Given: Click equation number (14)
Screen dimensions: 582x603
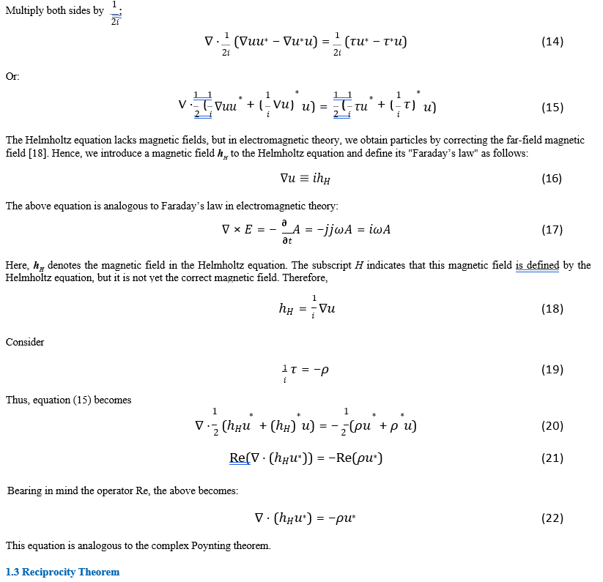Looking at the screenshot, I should click(x=552, y=42).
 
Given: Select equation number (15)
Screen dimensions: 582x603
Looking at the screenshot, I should click(x=552, y=108).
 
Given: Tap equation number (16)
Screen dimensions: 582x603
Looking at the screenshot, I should click(x=552, y=179).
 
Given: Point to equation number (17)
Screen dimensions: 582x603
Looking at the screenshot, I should click(x=552, y=230).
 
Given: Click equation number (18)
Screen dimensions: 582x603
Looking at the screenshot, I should click(x=552, y=309).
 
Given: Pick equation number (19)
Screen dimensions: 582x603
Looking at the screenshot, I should click(x=552, y=370).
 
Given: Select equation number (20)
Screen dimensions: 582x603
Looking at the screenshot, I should click(x=552, y=426).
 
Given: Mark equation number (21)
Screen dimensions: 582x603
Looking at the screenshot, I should click(x=552, y=458).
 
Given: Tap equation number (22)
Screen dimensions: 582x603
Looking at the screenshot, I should click(x=552, y=518).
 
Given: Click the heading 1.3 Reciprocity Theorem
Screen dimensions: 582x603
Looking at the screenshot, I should click(x=62, y=572).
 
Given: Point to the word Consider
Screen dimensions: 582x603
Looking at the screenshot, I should click(x=25, y=342).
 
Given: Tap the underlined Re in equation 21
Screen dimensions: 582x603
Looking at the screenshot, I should click(x=238, y=458).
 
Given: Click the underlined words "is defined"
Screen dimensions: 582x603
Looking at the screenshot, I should click(x=537, y=265).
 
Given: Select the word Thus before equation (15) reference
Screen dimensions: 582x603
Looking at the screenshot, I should click(x=16, y=400).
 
